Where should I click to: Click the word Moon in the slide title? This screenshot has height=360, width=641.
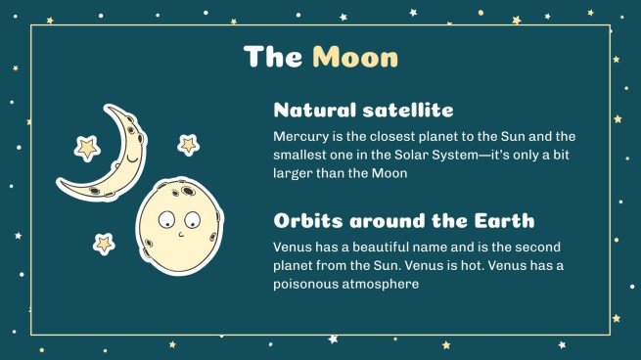(x=355, y=57)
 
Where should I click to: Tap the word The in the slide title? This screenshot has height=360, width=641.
(x=273, y=57)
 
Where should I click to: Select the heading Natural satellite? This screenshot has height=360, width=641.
(x=363, y=110)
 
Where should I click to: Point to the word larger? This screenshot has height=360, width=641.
(x=294, y=172)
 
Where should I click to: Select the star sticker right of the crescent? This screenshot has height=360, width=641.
(x=188, y=145)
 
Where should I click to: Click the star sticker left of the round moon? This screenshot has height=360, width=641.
(x=104, y=243)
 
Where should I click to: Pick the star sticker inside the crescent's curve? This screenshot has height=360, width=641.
(x=87, y=148)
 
